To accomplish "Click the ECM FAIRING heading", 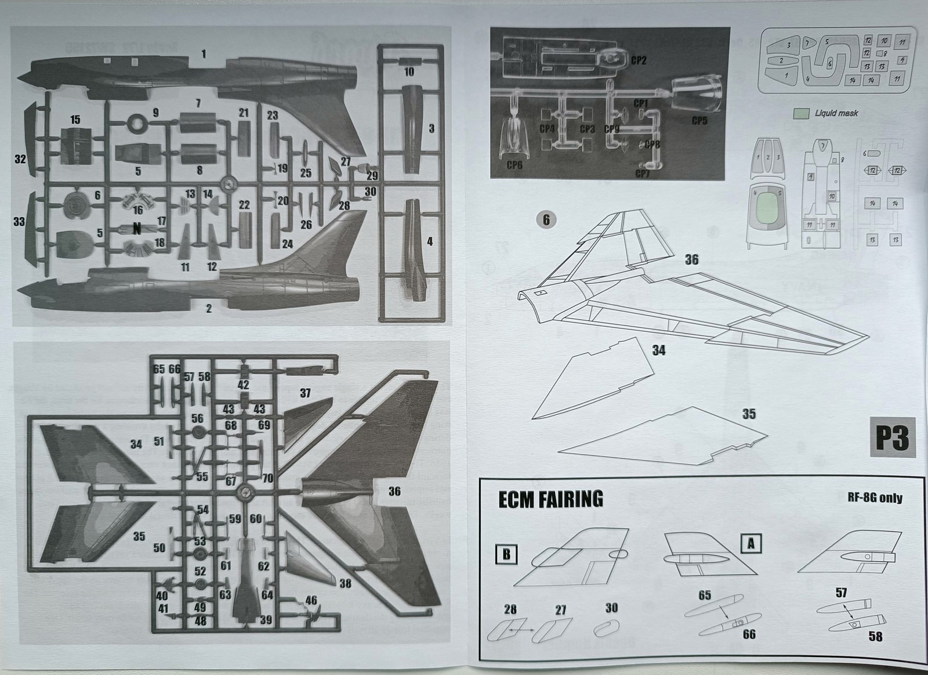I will point(550,499).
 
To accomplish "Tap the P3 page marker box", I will point(891,438).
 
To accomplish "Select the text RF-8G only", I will point(875,498).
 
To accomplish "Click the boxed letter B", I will point(506,554).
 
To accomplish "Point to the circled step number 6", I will point(545,219).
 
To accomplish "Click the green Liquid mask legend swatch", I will point(802,113).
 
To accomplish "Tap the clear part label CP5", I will point(699,121).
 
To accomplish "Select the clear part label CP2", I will point(638,60).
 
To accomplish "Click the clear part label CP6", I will point(514,165).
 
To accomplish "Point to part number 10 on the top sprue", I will point(409,73).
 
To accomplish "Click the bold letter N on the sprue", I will point(137,228).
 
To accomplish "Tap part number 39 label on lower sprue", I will point(266,620).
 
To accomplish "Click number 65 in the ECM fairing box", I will point(705,595).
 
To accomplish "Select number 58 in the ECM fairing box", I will point(875,636).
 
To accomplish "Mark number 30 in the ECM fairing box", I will point(611,608).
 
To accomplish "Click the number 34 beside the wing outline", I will point(658,350).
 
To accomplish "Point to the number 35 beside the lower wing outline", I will point(749,414).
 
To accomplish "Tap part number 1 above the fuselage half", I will point(204,54).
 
